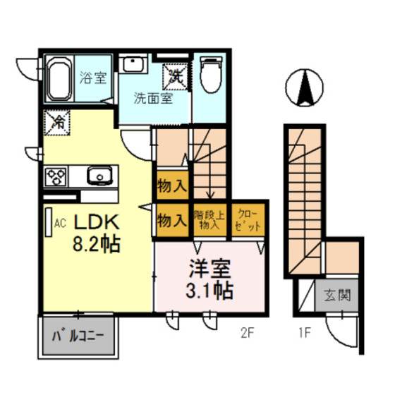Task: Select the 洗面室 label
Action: pyautogui.click(x=153, y=99)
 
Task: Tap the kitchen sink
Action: pyautogui.click(x=99, y=174)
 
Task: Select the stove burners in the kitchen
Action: pyautogui.click(x=56, y=174)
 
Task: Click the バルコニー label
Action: pyautogui.click(x=81, y=336)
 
